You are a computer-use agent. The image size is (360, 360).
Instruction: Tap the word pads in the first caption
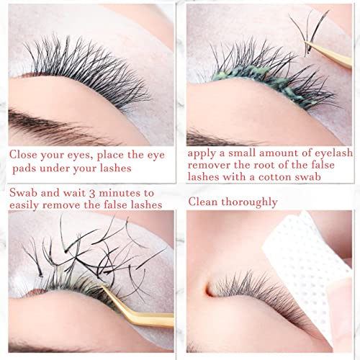pyautogui.click(x=31, y=169)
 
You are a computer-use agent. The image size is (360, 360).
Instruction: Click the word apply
pyautogui.click(x=204, y=154)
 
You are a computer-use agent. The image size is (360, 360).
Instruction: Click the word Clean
pyautogui.click(x=206, y=202)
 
